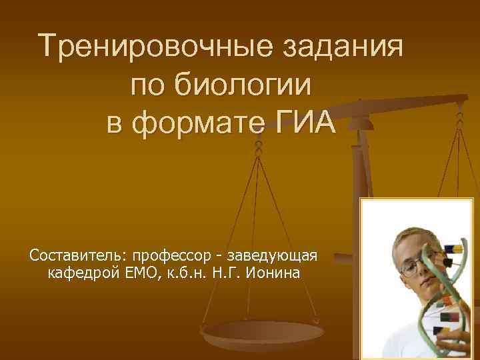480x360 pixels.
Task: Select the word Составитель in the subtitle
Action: (x=79, y=256)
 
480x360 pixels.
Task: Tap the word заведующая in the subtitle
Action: (x=275, y=256)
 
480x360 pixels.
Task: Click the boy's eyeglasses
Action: (x=416, y=266)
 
